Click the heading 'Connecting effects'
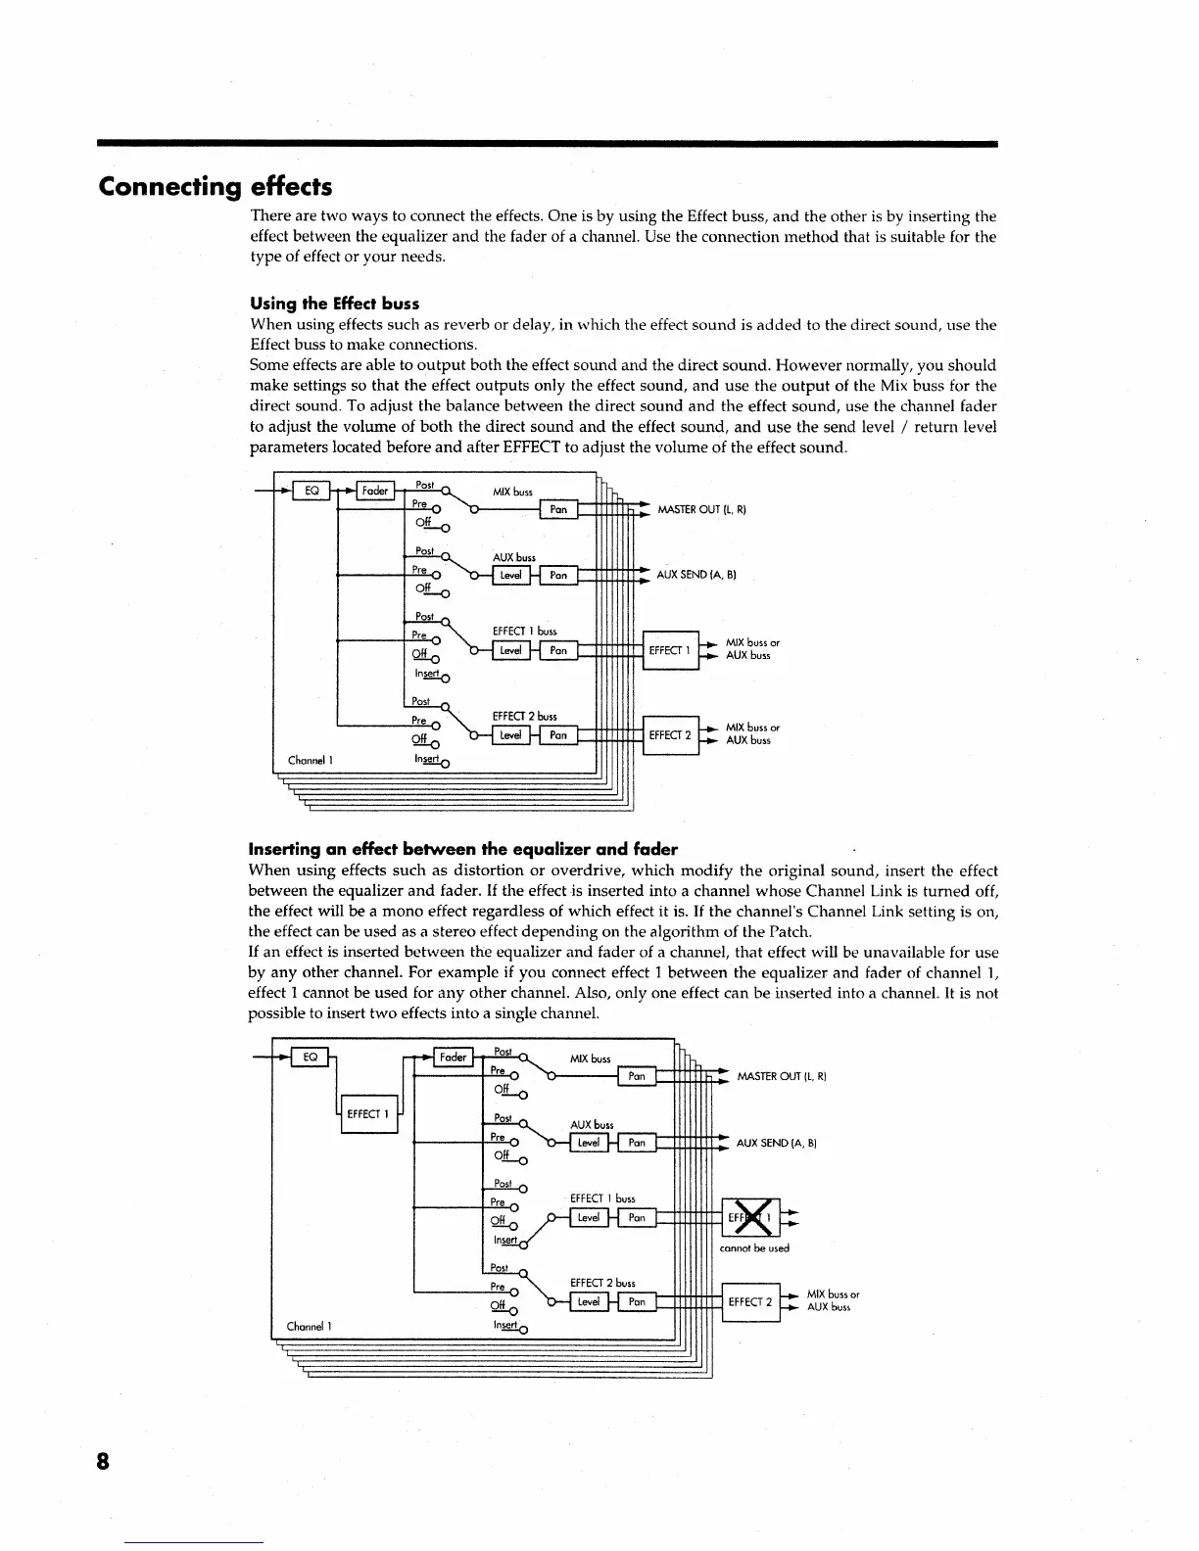(216, 187)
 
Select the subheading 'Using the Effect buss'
(335, 304)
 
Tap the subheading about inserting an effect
(463, 849)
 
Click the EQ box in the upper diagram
(312, 491)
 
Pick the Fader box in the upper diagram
(375, 491)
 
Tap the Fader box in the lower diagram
(453, 1057)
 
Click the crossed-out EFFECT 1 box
(750, 1218)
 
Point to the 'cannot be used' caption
(754, 1248)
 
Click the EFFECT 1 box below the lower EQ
(369, 1114)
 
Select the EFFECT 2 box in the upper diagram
(670, 734)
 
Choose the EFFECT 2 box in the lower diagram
(750, 1302)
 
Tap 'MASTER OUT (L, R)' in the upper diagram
(702, 509)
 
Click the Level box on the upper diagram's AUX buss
(510, 576)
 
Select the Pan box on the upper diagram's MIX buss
(558, 509)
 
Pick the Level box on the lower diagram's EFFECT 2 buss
(589, 1302)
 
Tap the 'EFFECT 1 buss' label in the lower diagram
(602, 1198)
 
